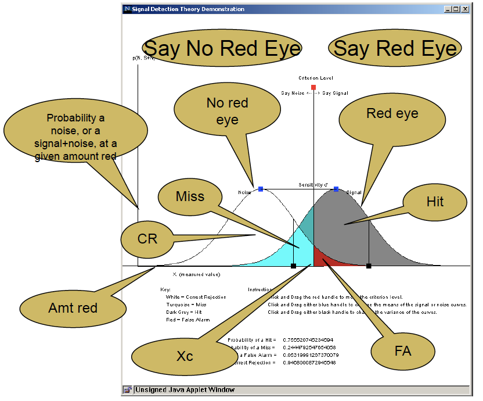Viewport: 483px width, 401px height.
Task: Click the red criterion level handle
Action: coord(313,87)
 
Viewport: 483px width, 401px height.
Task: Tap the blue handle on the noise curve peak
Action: coord(261,189)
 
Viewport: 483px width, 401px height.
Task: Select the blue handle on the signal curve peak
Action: coord(336,189)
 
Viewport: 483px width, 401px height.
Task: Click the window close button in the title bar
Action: coord(464,9)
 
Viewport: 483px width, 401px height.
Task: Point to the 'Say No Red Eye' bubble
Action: coord(222,49)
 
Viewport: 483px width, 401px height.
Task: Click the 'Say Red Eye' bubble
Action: coord(395,49)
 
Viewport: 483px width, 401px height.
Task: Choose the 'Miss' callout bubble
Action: coord(190,196)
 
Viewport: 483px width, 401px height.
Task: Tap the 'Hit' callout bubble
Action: coord(435,202)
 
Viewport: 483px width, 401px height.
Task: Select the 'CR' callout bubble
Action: coord(147,238)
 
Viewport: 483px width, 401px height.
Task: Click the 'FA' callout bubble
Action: coord(402,351)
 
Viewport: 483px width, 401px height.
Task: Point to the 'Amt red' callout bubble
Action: coord(73,307)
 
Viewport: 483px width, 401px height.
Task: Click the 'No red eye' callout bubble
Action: coord(228,112)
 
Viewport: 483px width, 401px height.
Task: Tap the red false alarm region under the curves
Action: coord(321,258)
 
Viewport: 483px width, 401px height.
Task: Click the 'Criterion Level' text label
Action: coord(316,77)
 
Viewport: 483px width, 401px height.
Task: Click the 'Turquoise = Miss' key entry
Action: coord(186,304)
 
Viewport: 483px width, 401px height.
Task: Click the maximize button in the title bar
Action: coord(456,9)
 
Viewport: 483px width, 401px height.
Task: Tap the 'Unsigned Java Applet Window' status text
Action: coord(185,390)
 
